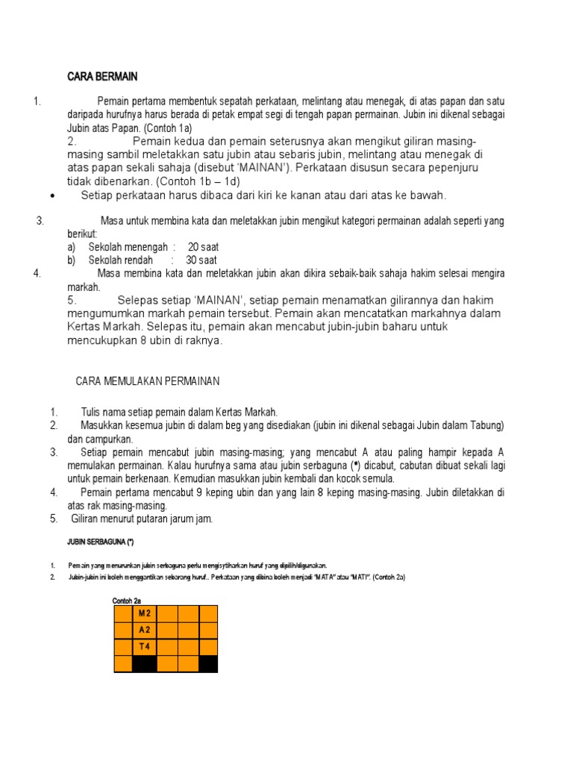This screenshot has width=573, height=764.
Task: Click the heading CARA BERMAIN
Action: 102,77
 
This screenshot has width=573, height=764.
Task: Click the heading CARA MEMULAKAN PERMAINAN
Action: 148,381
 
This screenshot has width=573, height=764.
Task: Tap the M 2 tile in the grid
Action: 145,613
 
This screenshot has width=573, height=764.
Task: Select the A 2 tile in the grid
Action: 145,630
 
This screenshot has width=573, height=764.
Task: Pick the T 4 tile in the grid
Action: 145,647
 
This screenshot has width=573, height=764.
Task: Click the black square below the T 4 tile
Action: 145,663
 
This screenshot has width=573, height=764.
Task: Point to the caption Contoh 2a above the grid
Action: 127,601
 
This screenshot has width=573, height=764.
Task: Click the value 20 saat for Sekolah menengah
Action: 203,247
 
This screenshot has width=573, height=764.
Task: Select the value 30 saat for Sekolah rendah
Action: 201,260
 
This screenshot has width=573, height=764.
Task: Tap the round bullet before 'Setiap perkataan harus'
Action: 53,195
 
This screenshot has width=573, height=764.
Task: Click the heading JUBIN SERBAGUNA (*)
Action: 99,542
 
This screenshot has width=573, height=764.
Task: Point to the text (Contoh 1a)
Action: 169,128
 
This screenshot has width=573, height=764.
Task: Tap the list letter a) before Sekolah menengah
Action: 72,247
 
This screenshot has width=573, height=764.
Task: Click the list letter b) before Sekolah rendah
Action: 72,260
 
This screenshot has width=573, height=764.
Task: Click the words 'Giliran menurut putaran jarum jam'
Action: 142,519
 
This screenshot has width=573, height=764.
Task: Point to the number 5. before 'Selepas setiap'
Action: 72,300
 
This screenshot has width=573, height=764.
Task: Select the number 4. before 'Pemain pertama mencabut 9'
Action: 54,492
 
